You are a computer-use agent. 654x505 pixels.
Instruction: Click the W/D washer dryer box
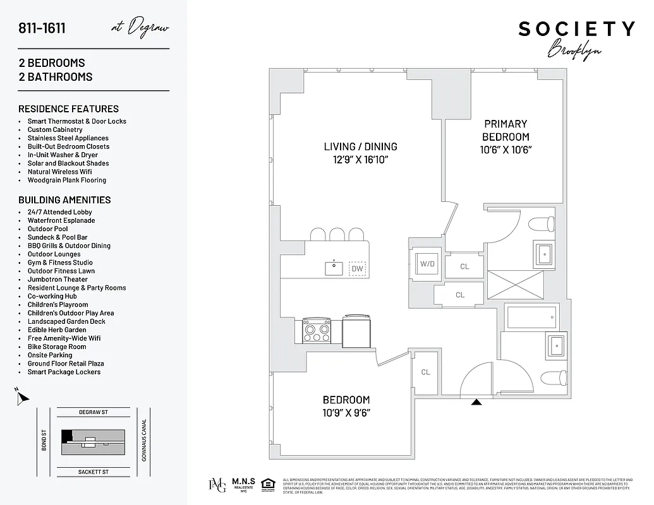(428, 263)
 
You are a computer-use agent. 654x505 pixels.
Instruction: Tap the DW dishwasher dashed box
(358, 269)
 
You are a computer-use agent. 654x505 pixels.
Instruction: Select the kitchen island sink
(334, 268)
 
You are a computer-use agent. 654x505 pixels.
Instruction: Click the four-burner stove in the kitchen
(317, 329)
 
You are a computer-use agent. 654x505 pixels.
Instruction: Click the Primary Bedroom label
(506, 130)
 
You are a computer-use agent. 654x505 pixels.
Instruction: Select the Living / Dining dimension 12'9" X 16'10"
(360, 160)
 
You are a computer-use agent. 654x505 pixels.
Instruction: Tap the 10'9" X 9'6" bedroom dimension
(346, 413)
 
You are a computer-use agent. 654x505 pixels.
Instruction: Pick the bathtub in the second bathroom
(532, 317)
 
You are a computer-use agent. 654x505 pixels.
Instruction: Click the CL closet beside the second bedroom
(425, 372)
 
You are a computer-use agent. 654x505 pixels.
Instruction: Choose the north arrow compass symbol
(22, 398)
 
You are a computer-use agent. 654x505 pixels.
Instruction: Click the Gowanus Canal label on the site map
(144, 440)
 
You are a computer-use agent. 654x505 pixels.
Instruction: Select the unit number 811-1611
(42, 28)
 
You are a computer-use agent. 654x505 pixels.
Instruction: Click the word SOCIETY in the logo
(576, 29)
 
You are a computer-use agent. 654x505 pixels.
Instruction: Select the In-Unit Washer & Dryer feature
(63, 155)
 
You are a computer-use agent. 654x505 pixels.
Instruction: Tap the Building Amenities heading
(64, 199)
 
